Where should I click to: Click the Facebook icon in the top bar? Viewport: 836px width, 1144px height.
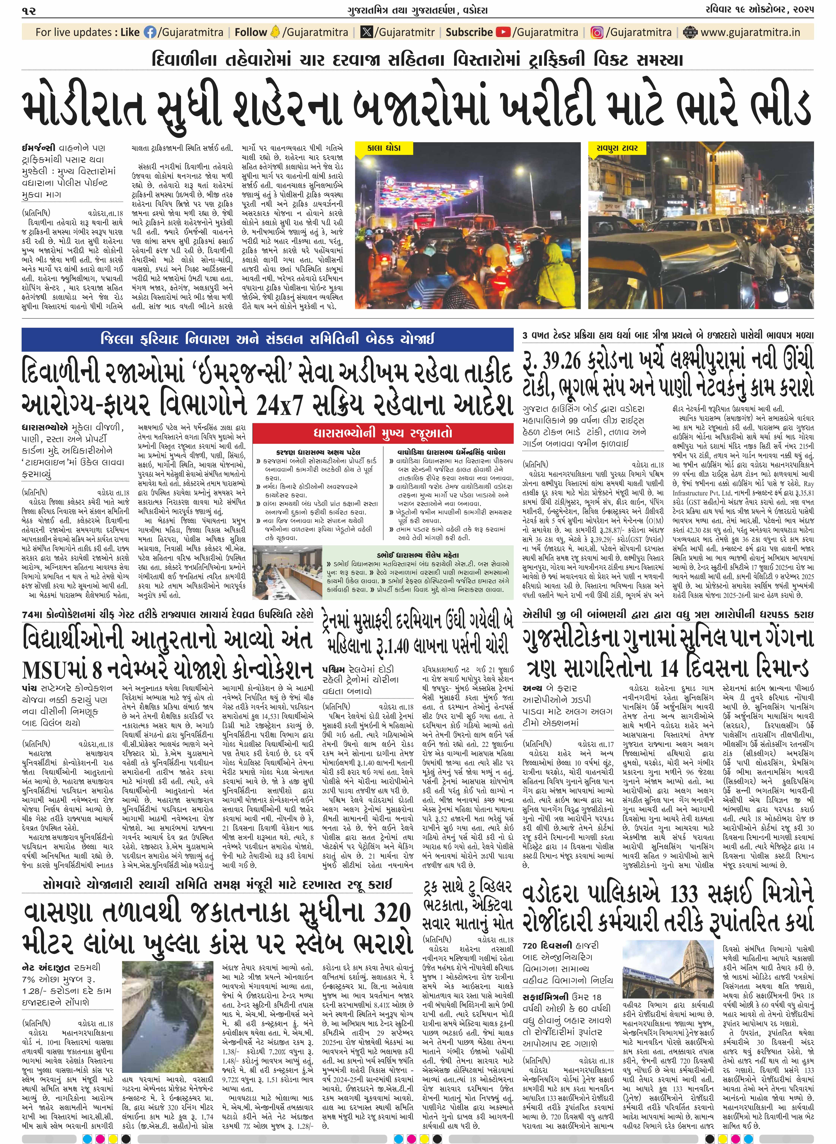pyautogui.click(x=150, y=32)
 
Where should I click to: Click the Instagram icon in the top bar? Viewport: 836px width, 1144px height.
pyautogui.click(x=597, y=32)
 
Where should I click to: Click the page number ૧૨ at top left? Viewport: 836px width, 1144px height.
pyautogui.click(x=29, y=10)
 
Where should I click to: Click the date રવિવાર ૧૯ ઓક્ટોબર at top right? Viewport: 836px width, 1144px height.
pyautogui.click(x=759, y=10)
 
